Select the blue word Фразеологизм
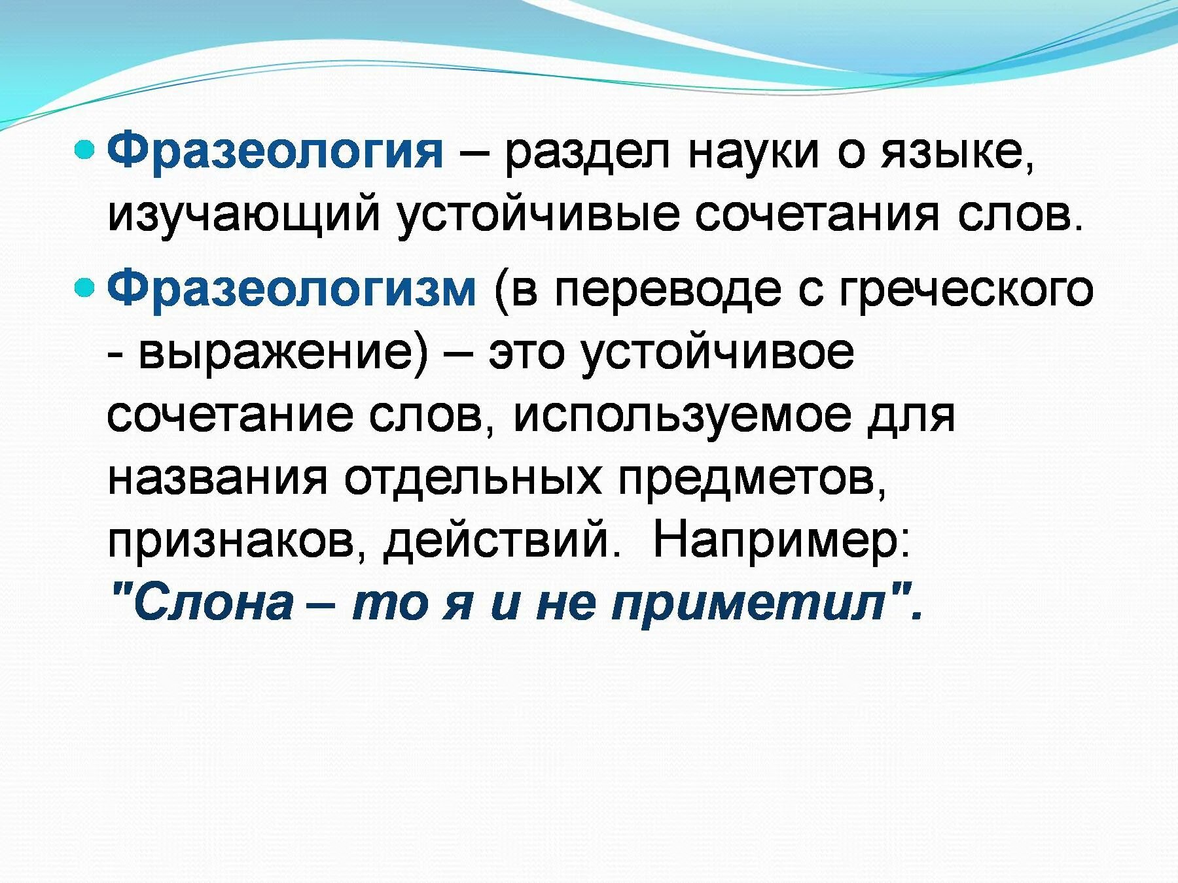coord(292,288)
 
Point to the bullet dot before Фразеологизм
coord(86,287)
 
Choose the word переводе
coord(668,290)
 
